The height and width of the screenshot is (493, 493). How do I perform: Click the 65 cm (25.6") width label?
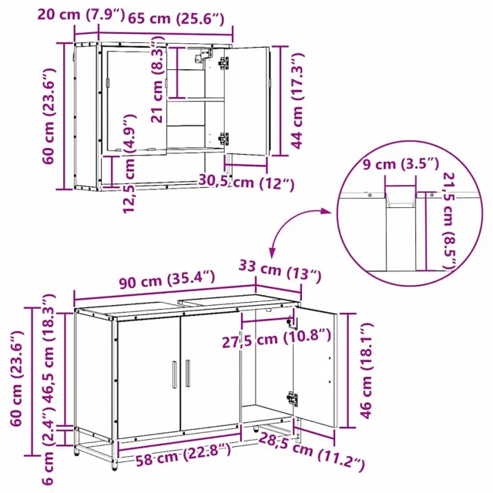coord(176,18)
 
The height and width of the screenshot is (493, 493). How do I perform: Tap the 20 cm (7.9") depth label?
coord(81,15)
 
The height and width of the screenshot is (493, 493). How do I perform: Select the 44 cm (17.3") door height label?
coord(297,101)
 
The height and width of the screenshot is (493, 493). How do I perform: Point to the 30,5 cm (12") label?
coord(246,183)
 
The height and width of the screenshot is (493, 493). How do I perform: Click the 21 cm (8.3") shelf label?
coord(158,80)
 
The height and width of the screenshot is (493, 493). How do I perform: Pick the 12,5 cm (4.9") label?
coord(129,163)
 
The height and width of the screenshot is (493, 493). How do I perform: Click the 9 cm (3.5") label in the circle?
coord(401,164)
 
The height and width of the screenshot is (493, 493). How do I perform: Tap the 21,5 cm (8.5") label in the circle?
coord(449,221)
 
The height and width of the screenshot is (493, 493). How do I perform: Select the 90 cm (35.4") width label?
coord(167,279)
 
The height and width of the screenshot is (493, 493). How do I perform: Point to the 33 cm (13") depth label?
coord(280,270)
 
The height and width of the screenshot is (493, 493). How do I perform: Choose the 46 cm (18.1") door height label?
coord(367,371)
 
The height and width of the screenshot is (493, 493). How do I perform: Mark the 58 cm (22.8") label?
coord(183,454)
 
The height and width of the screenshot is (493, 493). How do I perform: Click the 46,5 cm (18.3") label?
coord(48,348)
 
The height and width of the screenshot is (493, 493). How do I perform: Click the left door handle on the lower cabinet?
coord(175,374)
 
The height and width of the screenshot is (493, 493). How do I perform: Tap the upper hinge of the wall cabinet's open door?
coord(224,62)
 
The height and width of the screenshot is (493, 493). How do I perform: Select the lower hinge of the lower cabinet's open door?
coord(292,399)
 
